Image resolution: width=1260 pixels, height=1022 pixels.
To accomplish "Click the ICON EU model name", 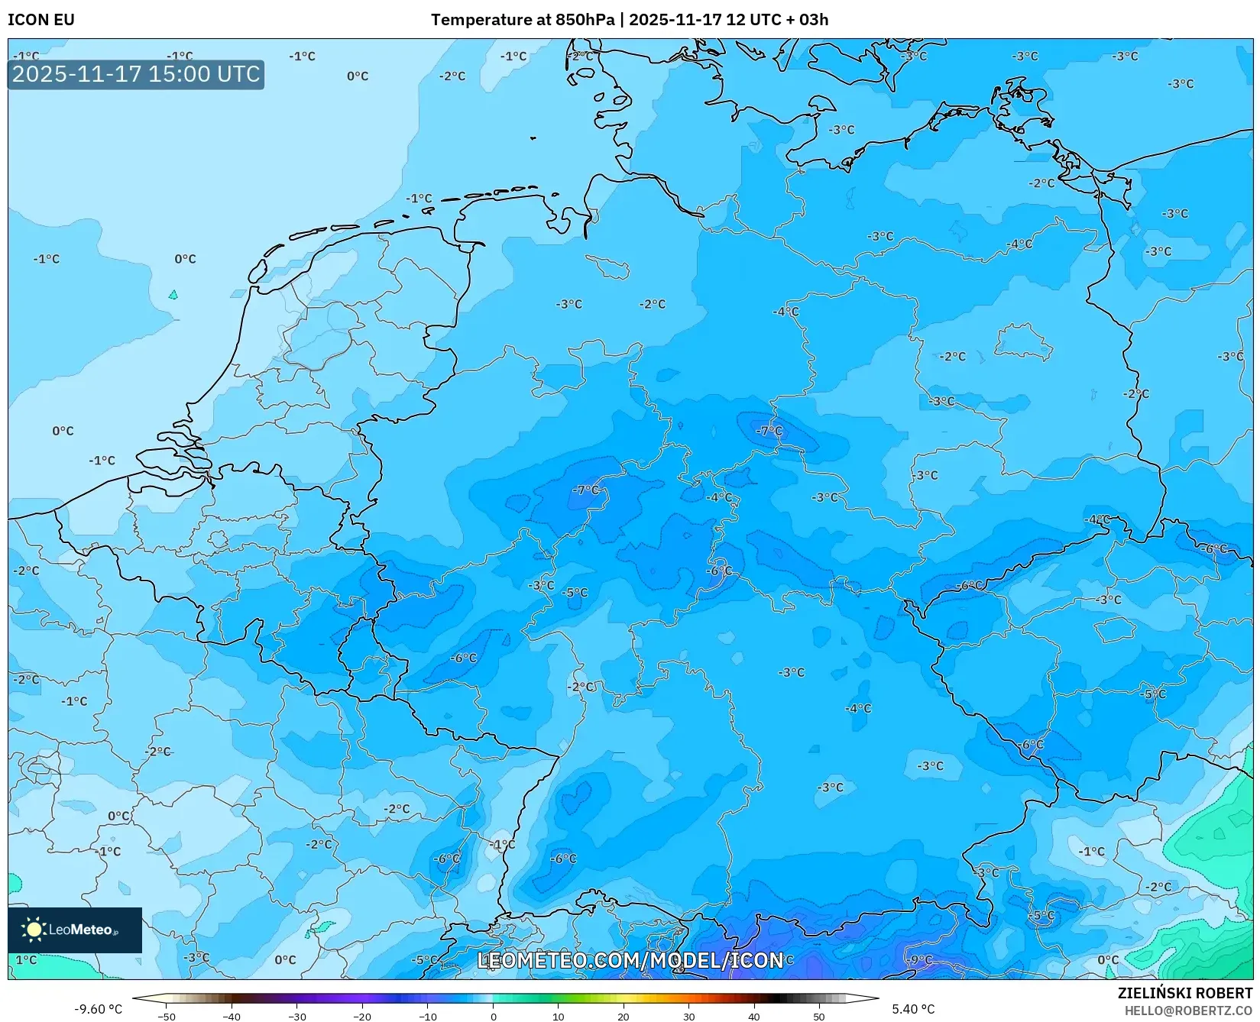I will pos(41,20).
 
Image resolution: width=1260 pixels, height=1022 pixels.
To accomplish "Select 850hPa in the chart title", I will pos(585,20).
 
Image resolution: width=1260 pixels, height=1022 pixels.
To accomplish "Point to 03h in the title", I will pos(813,20).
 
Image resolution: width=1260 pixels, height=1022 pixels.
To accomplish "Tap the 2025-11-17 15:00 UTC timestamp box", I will pos(136,74).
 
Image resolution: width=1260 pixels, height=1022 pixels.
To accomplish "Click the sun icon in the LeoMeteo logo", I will pos(34,930).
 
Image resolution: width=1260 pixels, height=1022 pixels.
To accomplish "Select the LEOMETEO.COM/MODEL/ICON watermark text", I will pos(630,960).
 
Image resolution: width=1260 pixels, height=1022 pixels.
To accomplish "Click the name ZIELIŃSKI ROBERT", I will pos(1184,994).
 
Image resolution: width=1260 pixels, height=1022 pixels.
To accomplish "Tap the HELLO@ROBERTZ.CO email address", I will pos(1188,1010).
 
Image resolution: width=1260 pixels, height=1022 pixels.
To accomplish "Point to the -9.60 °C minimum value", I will pos(98,1009).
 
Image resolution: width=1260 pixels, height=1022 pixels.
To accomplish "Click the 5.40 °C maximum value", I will pos(912,1009).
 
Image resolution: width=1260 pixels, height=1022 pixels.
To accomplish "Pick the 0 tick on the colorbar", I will pos(493,1016).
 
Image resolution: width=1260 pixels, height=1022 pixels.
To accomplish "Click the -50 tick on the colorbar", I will pos(167,1016).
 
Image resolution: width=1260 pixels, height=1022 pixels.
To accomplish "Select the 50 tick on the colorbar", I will pos(819,1016).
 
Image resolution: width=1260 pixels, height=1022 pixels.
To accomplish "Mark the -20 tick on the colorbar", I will pos(362,1016).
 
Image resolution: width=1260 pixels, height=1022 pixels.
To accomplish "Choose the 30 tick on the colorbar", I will pos(688,1016).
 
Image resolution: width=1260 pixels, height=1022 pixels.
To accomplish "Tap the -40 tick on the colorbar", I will pos(232,1016).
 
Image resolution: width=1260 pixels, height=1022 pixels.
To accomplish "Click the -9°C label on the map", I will pos(919,959).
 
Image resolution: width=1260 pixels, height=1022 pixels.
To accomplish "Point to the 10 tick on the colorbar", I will pos(558,1016).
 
